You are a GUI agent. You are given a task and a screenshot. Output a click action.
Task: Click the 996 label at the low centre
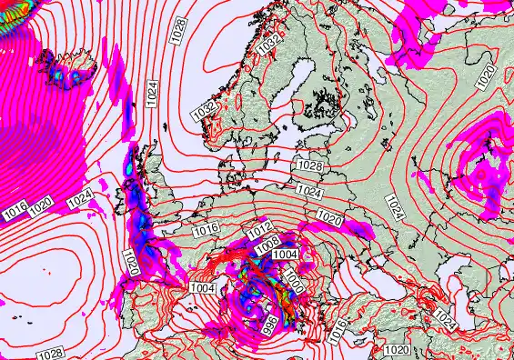point(271,321)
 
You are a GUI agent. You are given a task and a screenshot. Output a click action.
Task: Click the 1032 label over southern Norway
point(204,107)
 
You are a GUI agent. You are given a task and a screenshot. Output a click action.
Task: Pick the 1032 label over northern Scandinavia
point(268,43)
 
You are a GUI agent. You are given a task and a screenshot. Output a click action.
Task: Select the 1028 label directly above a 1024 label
point(309,166)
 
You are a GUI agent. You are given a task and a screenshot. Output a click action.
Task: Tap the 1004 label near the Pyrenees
point(203,288)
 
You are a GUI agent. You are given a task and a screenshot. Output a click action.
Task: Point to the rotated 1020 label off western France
point(133,264)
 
